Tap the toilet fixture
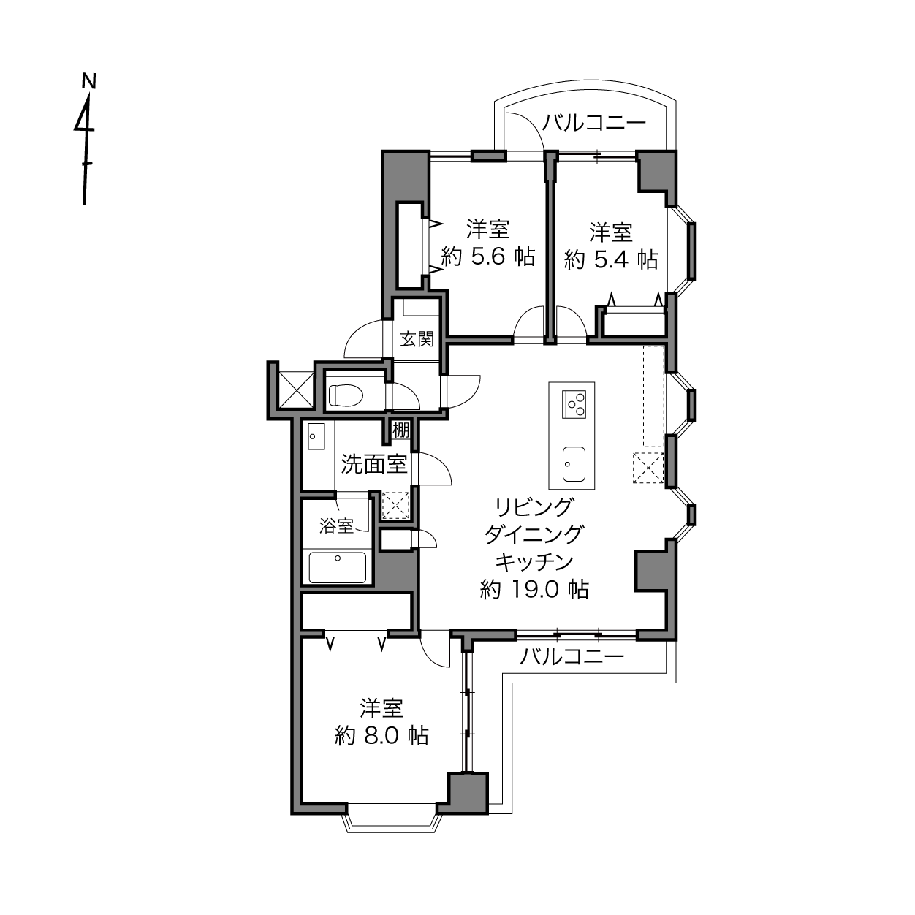pos(346,395)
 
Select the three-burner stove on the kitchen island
pos(573,404)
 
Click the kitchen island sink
pos(574,464)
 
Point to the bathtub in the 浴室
pos(337,567)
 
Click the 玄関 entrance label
pos(417,339)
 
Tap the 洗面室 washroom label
pos(374,464)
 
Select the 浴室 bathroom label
pos(336,526)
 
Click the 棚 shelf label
pos(400,430)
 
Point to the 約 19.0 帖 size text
pos(534,590)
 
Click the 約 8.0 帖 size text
pos(381,736)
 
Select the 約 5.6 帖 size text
pos(488,257)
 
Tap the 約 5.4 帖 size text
pos(611,259)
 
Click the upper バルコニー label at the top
pos(594,123)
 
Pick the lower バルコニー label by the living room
pos(572,657)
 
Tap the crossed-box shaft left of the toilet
pos(296,390)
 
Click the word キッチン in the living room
pos(534,562)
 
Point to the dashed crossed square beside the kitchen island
pos(648,468)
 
